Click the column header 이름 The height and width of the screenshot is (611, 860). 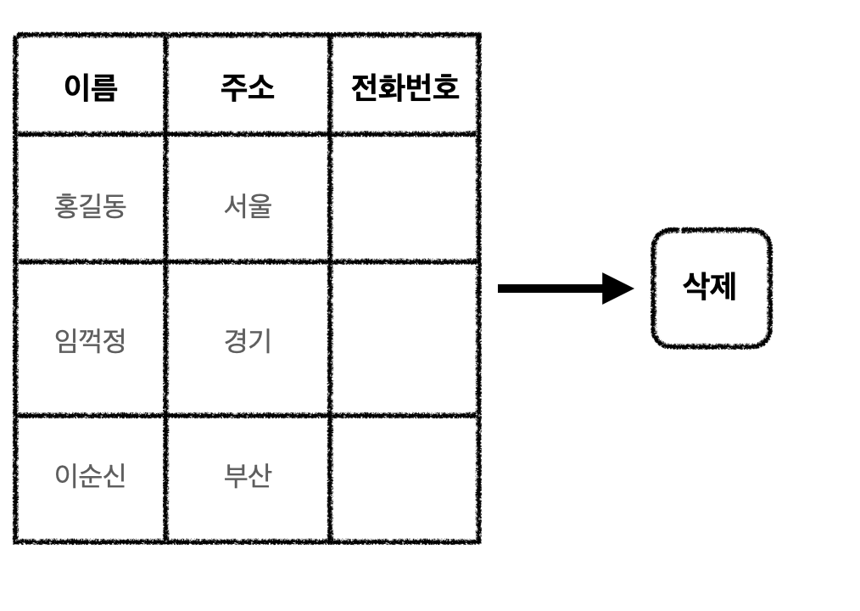coord(90,87)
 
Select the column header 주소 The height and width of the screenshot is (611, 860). coord(247,87)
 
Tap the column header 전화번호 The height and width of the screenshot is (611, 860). coord(405,87)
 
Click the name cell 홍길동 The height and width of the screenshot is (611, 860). coord(90,205)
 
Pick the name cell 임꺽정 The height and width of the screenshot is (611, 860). coord(90,341)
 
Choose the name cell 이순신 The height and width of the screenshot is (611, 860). coord(90,476)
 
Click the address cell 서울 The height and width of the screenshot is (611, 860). coord(247,205)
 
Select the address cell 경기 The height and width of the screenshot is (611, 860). coord(247,341)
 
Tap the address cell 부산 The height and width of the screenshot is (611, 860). coord(247,476)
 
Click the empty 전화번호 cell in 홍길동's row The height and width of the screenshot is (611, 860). coord(405,198)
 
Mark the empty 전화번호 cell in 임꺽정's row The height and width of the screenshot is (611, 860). coord(405,339)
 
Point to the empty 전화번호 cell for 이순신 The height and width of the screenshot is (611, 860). coord(405,478)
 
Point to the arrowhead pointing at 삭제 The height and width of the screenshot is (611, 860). coord(617,289)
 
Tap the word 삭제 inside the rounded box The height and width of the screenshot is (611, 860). coord(710,287)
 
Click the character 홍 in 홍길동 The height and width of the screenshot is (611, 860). coord(66,205)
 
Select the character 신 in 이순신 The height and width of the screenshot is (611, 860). coord(114,476)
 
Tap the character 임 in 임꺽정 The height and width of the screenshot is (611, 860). coord(66,341)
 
